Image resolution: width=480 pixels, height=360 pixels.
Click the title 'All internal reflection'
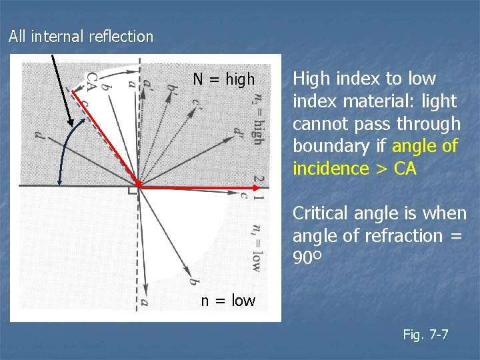[81, 37]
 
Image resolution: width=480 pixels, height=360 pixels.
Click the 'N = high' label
[223, 80]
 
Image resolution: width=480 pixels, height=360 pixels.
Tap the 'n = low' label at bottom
[228, 301]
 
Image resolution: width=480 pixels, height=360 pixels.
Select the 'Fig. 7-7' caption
[425, 334]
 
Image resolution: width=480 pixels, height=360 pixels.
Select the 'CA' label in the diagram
[92, 81]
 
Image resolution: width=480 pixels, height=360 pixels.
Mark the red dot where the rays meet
[138, 183]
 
